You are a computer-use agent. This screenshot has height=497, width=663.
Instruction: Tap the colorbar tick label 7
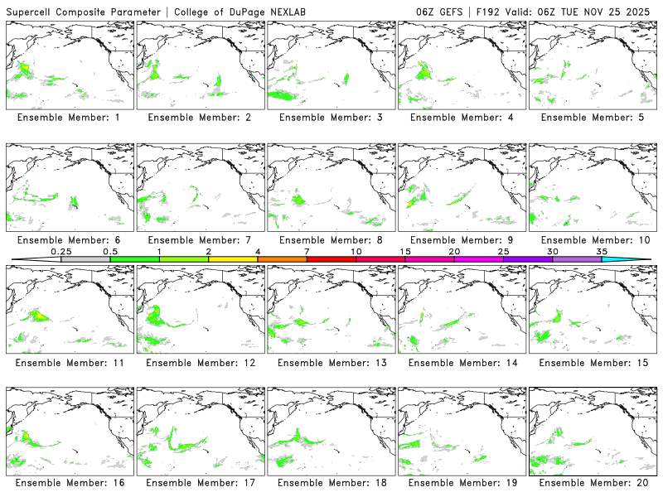(x=307, y=251)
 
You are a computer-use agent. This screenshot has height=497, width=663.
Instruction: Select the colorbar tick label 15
(x=404, y=251)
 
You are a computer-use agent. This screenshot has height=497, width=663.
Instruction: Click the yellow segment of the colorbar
(x=233, y=259)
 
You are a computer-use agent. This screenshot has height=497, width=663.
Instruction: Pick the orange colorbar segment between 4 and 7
(x=282, y=259)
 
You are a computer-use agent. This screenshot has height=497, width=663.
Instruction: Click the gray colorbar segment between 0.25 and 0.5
(x=85, y=259)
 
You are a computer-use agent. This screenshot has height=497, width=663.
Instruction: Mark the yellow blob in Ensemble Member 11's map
(x=38, y=315)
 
